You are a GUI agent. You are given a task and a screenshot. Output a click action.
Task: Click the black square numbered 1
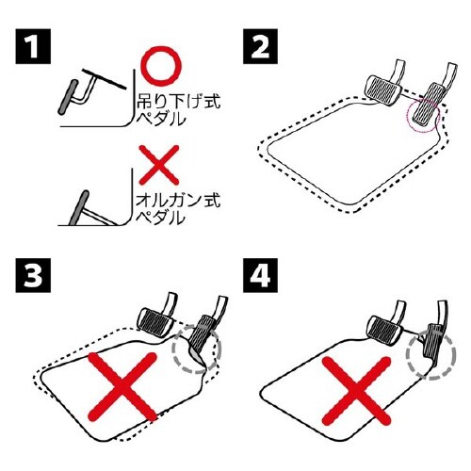pyautogui.click(x=33, y=46)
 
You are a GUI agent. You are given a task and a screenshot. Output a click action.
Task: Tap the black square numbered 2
pyautogui.click(x=260, y=46)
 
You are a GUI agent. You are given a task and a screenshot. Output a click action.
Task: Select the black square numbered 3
pyautogui.click(x=33, y=275)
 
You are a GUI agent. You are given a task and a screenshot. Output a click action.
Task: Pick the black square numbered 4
pyautogui.click(x=260, y=275)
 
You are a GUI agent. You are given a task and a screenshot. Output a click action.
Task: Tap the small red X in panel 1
pyautogui.click(x=159, y=165)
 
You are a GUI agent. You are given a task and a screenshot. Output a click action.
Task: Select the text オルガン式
pyautogui.click(x=178, y=200)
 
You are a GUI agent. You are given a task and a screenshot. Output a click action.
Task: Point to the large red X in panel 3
pyautogui.click(x=122, y=387)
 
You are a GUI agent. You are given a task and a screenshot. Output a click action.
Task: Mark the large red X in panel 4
pyautogui.click(x=356, y=391)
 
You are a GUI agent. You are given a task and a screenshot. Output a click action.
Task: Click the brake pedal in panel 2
pyautogui.click(x=382, y=90)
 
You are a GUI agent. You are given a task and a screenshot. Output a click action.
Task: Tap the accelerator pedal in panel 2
pyautogui.click(x=427, y=104)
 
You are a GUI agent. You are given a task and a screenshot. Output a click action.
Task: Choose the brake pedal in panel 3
pyautogui.click(x=156, y=324)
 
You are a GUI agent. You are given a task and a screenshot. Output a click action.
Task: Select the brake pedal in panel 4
pyautogui.click(x=385, y=331)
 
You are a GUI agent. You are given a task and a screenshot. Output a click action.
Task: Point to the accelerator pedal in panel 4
pyautogui.click(x=434, y=340)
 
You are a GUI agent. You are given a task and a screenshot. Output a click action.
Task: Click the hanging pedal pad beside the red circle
pyautogui.click(x=68, y=96)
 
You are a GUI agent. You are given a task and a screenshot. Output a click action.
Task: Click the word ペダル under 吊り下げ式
pyautogui.click(x=160, y=119)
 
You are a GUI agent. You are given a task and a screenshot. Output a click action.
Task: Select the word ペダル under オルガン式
pyautogui.click(x=160, y=219)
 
